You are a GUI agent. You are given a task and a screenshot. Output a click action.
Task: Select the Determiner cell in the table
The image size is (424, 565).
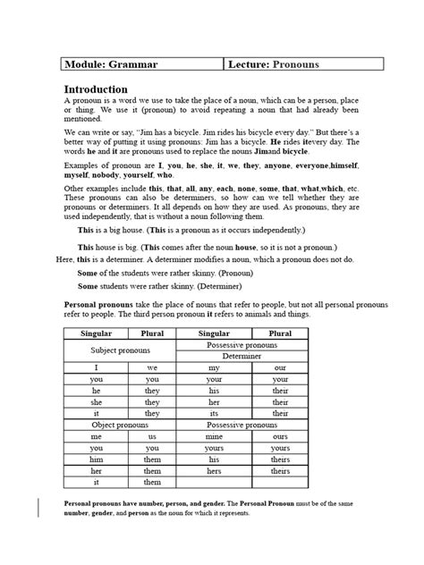coord(255,355)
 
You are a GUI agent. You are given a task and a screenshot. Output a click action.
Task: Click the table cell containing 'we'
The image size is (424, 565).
coord(152,367)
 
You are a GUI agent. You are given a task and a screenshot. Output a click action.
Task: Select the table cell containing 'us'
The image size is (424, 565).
coord(152,437)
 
